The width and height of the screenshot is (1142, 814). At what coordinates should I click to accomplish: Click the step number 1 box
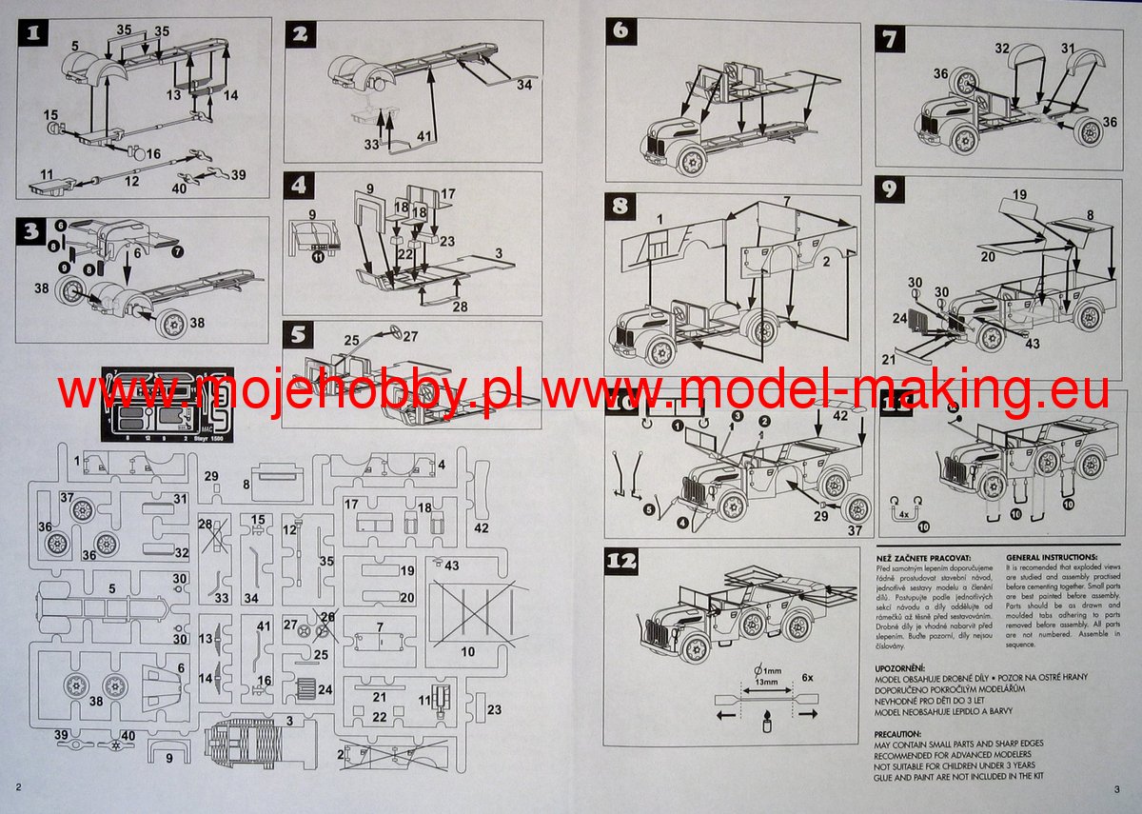[x=34, y=36]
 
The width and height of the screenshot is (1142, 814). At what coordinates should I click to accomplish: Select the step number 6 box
[x=620, y=30]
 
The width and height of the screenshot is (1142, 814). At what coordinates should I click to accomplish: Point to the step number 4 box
[x=301, y=185]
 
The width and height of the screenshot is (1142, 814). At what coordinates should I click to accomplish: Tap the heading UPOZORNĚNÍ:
[x=908, y=666]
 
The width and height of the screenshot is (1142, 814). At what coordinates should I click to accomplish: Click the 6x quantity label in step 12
[x=807, y=677]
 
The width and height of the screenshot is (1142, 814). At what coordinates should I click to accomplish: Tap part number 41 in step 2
[x=423, y=135]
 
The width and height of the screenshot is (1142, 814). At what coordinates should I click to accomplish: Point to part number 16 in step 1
[x=153, y=153]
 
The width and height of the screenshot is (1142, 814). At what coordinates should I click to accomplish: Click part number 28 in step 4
[x=461, y=307]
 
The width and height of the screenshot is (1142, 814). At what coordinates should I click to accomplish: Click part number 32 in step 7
[x=1002, y=48]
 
